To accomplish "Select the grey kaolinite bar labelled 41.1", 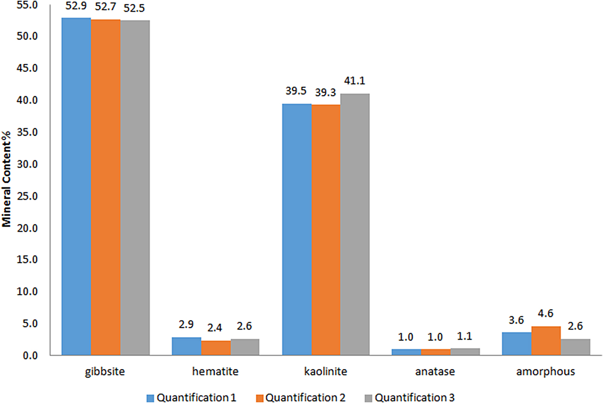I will point(355,224).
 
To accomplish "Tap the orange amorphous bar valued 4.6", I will point(546,341).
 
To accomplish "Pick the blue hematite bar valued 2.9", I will point(186,346).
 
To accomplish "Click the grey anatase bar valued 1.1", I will point(465,352).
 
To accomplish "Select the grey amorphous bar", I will point(575,347).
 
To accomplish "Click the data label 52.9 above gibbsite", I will point(76,6).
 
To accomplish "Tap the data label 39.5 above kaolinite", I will point(296,91).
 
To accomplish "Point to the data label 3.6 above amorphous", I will point(516,320).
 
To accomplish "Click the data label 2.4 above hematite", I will point(214,328).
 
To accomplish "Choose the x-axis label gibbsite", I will point(105,372).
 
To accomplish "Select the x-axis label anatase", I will point(435,372).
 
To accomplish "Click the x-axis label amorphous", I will point(545,372).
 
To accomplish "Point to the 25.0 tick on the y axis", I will point(27,196).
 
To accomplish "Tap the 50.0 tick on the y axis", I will point(27,36).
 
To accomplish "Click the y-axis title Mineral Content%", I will point(6,179).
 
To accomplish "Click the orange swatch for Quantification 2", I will point(260,398).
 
